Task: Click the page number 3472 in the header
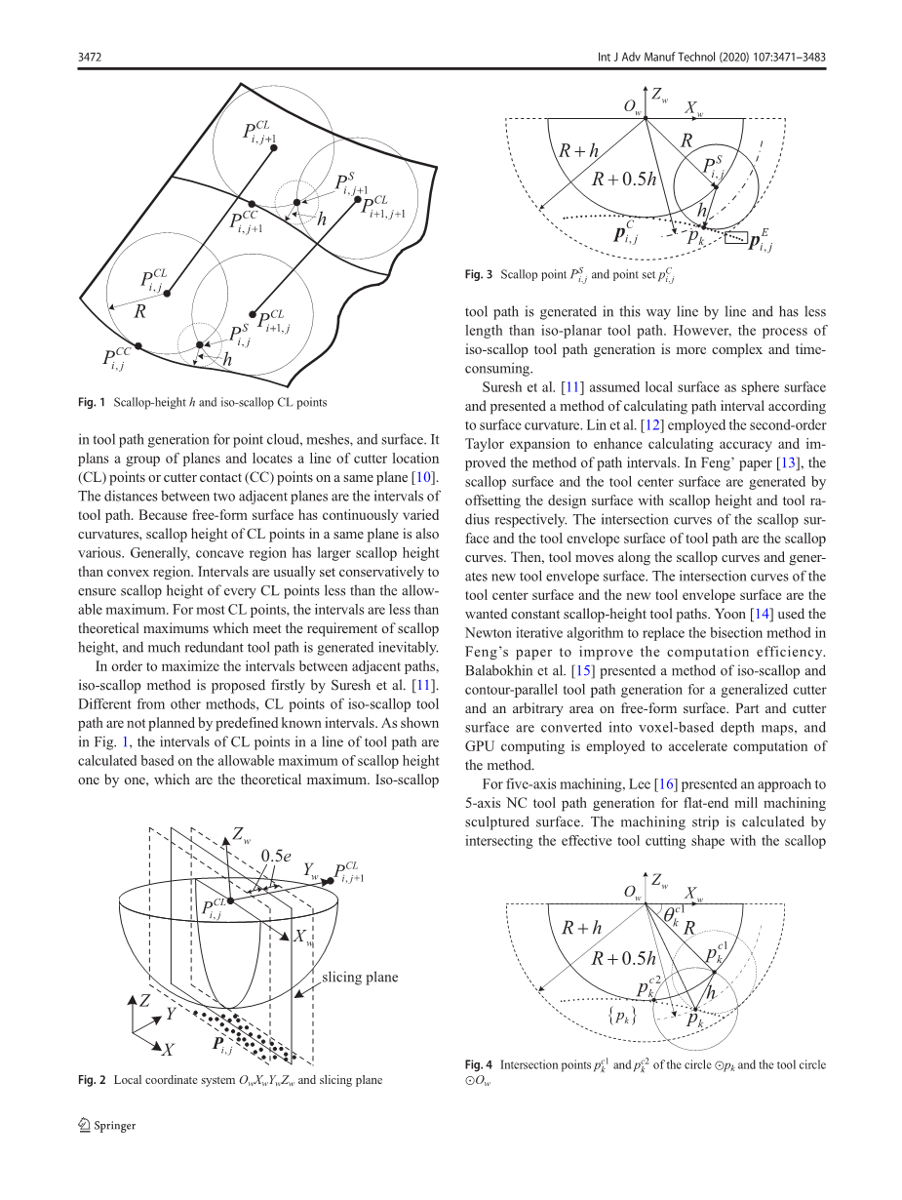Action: (x=90, y=57)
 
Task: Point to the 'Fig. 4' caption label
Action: (x=479, y=1065)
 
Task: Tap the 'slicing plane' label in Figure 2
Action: (x=360, y=978)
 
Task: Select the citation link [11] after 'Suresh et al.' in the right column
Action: (x=572, y=387)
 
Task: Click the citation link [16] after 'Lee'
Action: (x=666, y=784)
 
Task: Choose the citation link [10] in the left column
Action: (x=423, y=477)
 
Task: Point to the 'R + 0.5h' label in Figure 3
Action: (x=624, y=179)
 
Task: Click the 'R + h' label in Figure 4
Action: (x=581, y=928)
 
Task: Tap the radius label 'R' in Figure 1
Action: (x=139, y=311)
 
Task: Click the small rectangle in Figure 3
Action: (x=735, y=238)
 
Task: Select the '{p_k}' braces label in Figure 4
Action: (x=622, y=1017)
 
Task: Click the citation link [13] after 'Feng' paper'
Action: (x=787, y=463)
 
